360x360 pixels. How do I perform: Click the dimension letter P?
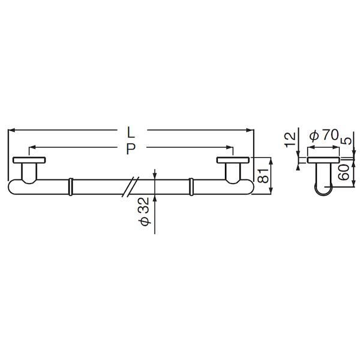coord(131,149)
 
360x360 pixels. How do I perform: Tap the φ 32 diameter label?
coord(145,211)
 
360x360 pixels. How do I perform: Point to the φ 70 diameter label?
coord(324,135)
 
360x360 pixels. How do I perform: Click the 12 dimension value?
coord(290,140)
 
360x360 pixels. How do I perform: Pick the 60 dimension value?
coord(344,173)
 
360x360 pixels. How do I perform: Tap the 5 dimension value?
coord(347,141)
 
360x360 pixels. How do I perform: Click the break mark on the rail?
coord(130,187)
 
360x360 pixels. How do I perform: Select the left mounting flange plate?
coord(29,160)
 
